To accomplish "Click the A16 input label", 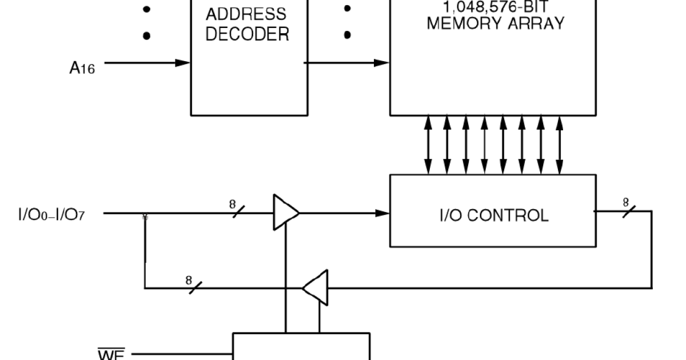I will coord(82,67).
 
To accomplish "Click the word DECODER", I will coord(247,34).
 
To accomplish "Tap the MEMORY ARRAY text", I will coord(495,23).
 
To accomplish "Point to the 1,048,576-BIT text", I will coord(495,7).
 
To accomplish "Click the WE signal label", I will coord(110,354).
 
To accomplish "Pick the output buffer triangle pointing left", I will coord(316,287).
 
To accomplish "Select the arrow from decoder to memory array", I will coord(348,62).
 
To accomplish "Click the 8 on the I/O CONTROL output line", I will coord(626,202).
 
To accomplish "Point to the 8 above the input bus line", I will coord(233,204).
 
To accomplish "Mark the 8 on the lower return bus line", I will coord(189,280).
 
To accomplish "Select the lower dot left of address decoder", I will coord(146,35).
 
